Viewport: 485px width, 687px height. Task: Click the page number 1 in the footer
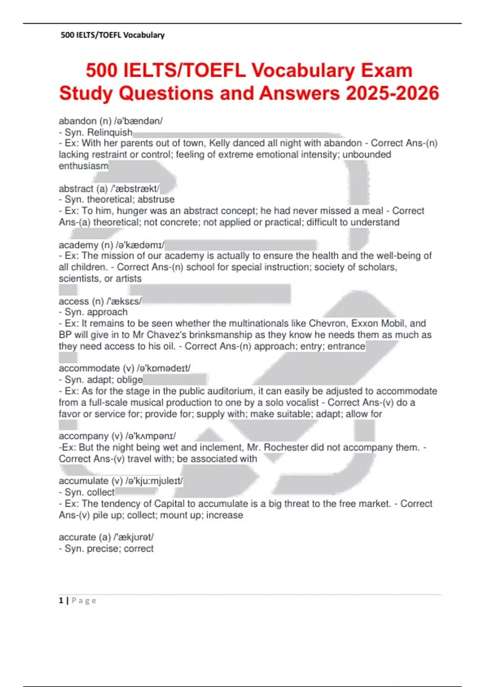tap(61, 601)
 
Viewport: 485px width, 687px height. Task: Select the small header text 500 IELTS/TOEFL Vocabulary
tap(112, 35)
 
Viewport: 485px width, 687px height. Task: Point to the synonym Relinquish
tap(110, 132)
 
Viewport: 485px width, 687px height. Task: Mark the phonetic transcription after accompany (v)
tap(151, 436)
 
